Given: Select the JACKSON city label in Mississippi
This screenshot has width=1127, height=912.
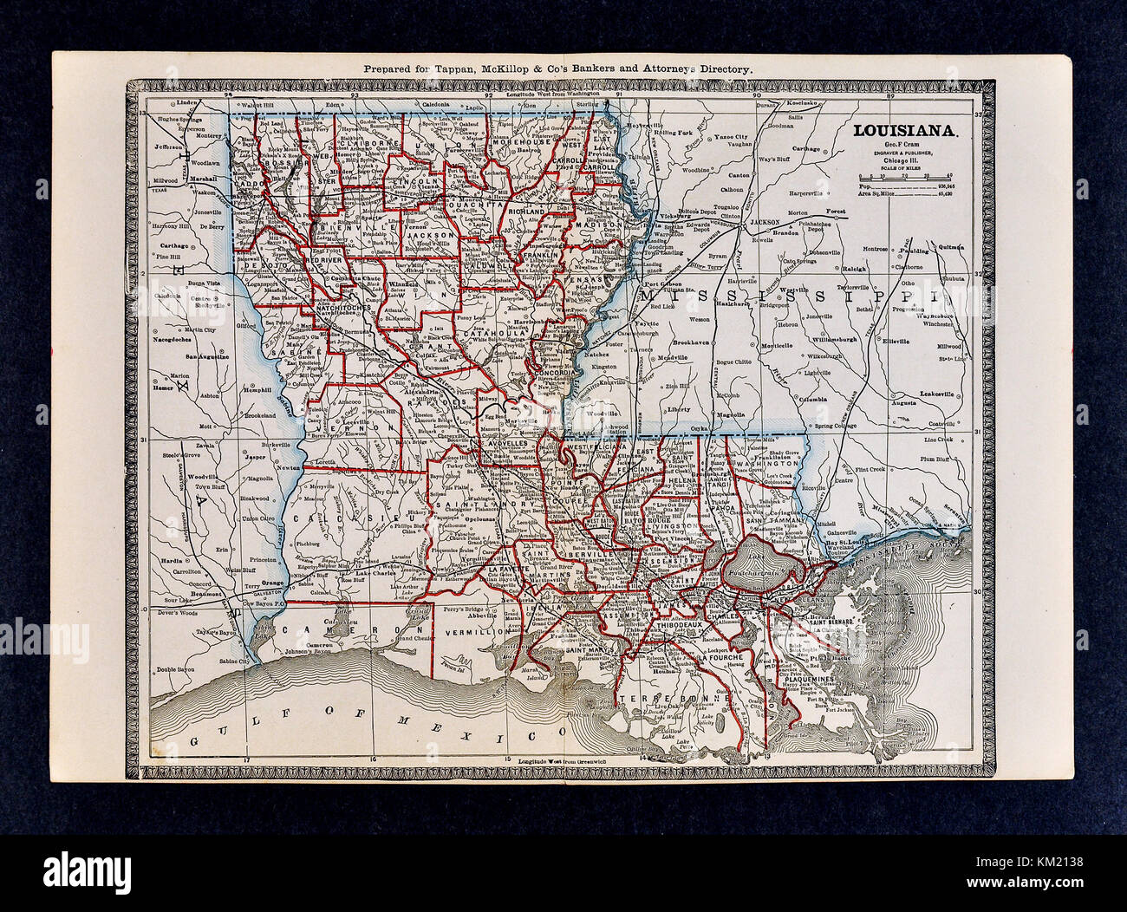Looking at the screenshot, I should click(764, 222).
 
